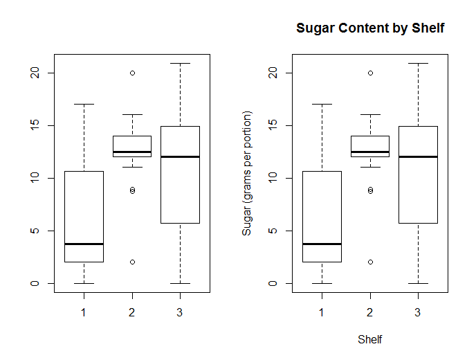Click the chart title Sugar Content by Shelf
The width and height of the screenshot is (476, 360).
click(x=370, y=28)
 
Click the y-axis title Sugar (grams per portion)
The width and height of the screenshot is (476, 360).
click(x=247, y=173)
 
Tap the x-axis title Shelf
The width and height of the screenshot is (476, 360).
click(x=370, y=340)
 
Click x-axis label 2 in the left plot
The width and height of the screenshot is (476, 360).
click(x=131, y=313)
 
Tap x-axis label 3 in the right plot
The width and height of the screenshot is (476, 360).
click(x=418, y=313)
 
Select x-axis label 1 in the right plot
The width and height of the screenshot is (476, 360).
click(x=322, y=313)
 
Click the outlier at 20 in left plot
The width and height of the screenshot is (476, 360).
click(x=131, y=73)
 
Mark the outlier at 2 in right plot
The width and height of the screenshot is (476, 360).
click(x=370, y=262)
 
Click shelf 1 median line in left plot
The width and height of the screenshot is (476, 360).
click(x=84, y=244)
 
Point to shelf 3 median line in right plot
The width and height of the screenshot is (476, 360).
click(x=418, y=156)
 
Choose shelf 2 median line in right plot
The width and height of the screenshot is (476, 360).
click(x=370, y=152)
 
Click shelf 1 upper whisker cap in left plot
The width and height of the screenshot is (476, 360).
click(x=84, y=105)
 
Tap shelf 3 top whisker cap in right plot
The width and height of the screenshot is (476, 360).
click(x=418, y=64)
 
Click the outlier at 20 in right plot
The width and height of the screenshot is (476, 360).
click(x=370, y=73)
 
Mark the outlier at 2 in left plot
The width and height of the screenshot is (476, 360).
click(x=131, y=262)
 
